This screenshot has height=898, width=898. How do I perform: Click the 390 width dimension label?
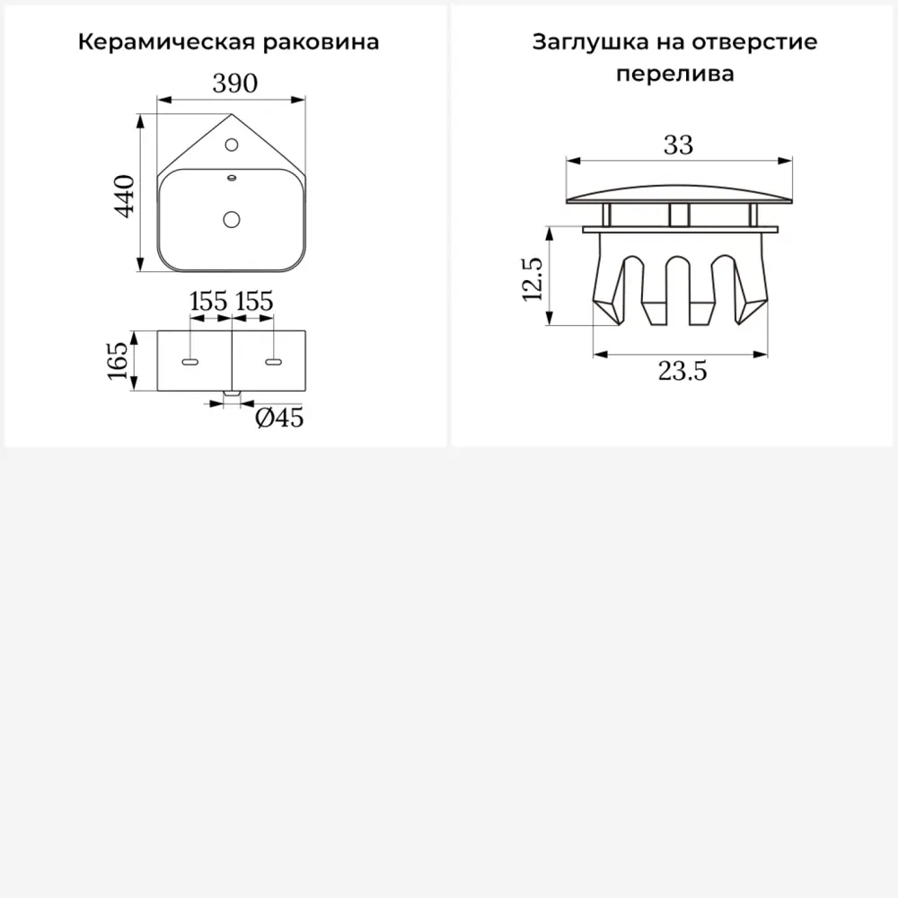pos(235,84)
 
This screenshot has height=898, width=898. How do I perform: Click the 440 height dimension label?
pos(125,195)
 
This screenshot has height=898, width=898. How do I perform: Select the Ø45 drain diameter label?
pos(279,418)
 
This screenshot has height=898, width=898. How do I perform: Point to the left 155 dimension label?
pos(208,301)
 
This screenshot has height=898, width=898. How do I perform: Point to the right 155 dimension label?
pos(253,301)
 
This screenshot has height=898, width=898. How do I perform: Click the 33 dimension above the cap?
pos(678,145)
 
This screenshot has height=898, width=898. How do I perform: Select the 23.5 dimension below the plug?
pos(682,370)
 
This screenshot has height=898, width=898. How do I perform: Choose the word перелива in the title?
pos(675,74)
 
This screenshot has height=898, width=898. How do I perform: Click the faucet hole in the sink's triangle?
pos(231,144)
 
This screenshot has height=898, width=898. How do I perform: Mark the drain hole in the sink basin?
pos(232,218)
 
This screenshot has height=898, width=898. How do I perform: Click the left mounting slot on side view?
pos(190,362)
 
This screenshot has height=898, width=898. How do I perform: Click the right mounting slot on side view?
pos(273,362)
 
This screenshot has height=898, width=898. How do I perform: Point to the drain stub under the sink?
pos(232,393)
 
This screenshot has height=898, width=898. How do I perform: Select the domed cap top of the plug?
pos(679,193)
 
